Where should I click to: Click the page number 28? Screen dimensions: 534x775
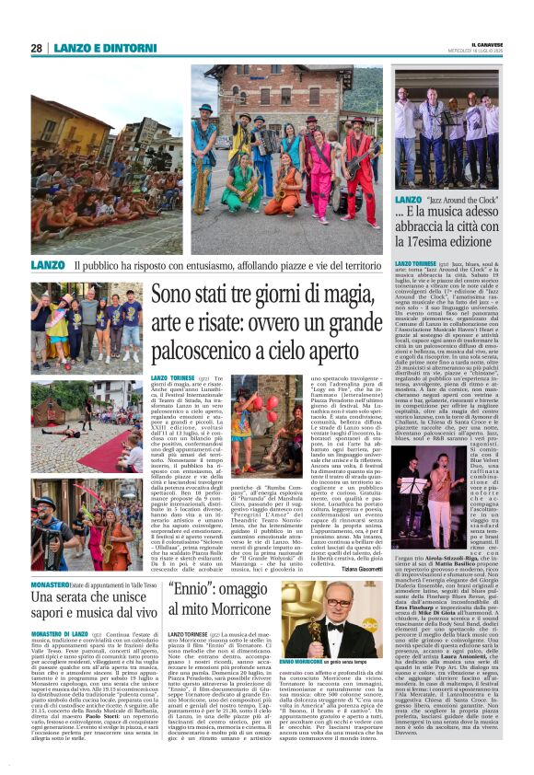[x=36, y=48]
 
